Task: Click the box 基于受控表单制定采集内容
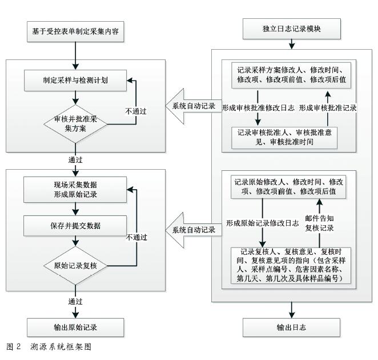tap(75, 30)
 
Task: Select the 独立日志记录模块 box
tap(292, 29)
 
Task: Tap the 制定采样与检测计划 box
tap(75, 80)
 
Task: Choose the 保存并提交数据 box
tap(75, 225)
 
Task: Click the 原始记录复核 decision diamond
tap(75, 266)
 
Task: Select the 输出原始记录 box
tap(75, 327)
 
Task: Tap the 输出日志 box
tap(292, 327)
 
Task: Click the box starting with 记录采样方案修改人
tap(291, 75)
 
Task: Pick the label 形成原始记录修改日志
tap(262, 223)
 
